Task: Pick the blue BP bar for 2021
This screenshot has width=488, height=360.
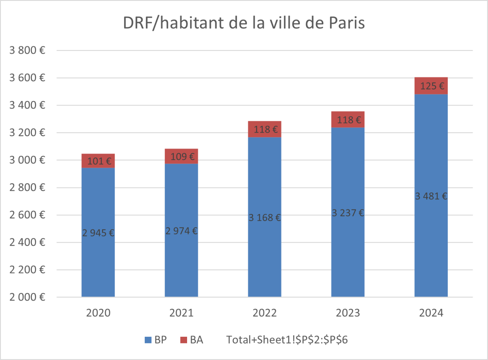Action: (181, 264)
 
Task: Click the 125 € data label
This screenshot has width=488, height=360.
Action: (431, 86)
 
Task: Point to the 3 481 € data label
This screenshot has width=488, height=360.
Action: (431, 196)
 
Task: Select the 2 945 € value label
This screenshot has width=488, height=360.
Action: (98, 233)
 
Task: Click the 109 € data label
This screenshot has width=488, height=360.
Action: (181, 157)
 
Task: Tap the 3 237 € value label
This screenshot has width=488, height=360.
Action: (348, 213)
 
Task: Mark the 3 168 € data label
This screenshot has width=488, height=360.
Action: (265, 218)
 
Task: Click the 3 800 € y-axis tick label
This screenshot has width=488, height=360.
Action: (27, 50)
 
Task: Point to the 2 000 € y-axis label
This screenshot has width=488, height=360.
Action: (27, 297)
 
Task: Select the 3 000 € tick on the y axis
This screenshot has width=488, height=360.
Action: (27, 160)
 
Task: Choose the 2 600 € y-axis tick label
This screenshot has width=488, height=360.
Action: (27, 215)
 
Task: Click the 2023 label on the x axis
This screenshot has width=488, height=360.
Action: (348, 313)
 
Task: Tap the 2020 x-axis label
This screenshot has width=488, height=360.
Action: (98, 313)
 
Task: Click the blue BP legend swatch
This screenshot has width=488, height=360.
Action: (148, 340)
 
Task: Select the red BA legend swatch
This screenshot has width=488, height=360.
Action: (183, 340)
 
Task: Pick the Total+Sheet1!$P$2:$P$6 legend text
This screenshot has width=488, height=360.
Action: (287, 340)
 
